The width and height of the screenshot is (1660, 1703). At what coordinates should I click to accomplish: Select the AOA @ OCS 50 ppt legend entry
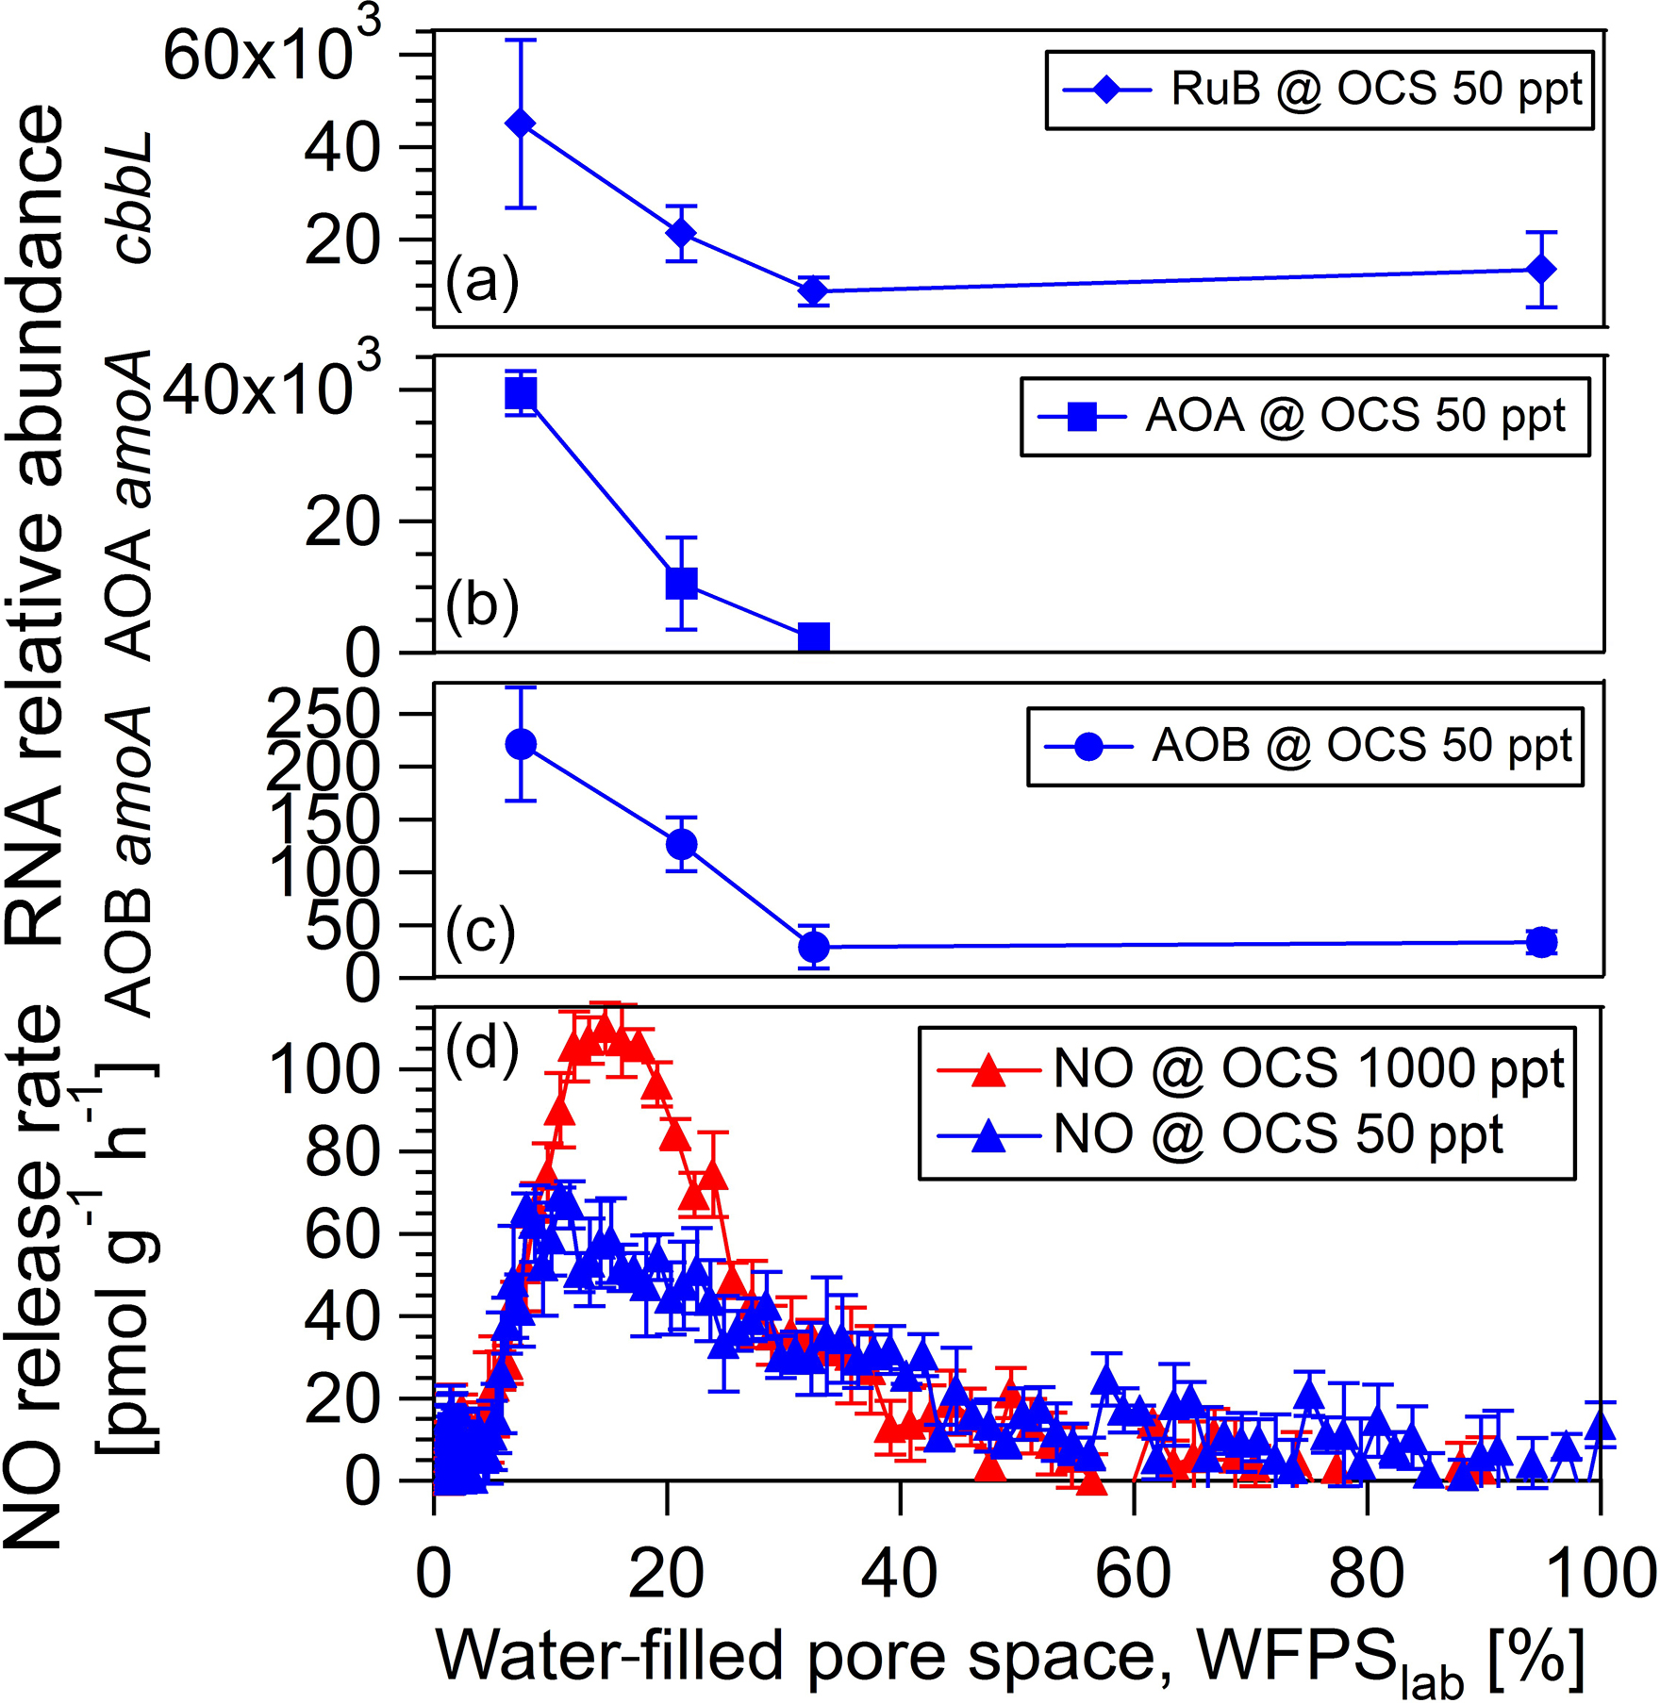pyautogui.click(x=1305, y=417)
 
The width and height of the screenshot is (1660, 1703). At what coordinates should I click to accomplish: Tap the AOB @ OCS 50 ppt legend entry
pyautogui.click(x=1306, y=747)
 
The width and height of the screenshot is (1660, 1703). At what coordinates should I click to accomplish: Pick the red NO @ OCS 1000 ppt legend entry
pyautogui.click(x=1250, y=1070)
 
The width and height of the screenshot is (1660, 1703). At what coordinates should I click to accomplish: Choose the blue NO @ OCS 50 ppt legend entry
pyautogui.click(x=1221, y=1134)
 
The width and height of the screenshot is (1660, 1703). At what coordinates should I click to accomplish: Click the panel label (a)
pyautogui.click(x=482, y=281)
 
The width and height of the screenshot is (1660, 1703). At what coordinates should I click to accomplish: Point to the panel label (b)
pyautogui.click(x=482, y=605)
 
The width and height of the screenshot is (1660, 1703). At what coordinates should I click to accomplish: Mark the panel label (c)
pyautogui.click(x=481, y=933)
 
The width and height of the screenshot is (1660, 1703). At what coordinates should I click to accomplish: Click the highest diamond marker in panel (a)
pyautogui.click(x=521, y=124)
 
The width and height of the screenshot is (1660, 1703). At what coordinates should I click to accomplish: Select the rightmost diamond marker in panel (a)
pyautogui.click(x=1541, y=270)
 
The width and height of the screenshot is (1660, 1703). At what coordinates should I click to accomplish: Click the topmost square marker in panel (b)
pyautogui.click(x=521, y=393)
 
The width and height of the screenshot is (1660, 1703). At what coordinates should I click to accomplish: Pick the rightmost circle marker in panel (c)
pyautogui.click(x=1541, y=941)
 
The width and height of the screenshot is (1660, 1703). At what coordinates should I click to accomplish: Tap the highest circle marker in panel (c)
pyautogui.click(x=521, y=745)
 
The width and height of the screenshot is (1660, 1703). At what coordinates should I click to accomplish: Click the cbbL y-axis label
pyautogui.click(x=132, y=197)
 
